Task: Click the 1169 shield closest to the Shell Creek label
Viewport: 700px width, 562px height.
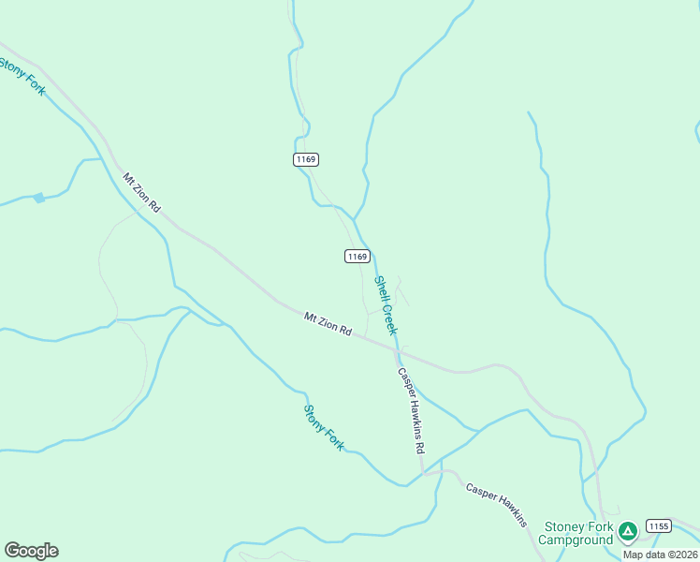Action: click(357, 256)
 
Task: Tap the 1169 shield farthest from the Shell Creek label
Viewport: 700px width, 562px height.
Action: click(305, 159)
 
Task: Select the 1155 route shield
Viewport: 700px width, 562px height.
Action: click(659, 526)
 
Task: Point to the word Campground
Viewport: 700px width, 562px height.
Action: click(576, 540)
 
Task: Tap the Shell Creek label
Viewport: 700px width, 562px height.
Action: click(386, 304)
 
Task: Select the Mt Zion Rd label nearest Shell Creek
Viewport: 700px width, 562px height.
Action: click(328, 324)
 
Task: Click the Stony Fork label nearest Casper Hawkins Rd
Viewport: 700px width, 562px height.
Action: click(324, 426)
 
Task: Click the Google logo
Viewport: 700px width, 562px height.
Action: click(31, 551)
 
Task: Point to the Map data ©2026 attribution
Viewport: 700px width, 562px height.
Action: click(661, 555)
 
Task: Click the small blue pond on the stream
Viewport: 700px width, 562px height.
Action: click(38, 198)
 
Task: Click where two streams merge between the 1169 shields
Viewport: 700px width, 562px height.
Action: click(354, 219)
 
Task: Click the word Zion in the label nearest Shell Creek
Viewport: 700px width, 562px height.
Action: click(327, 323)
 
